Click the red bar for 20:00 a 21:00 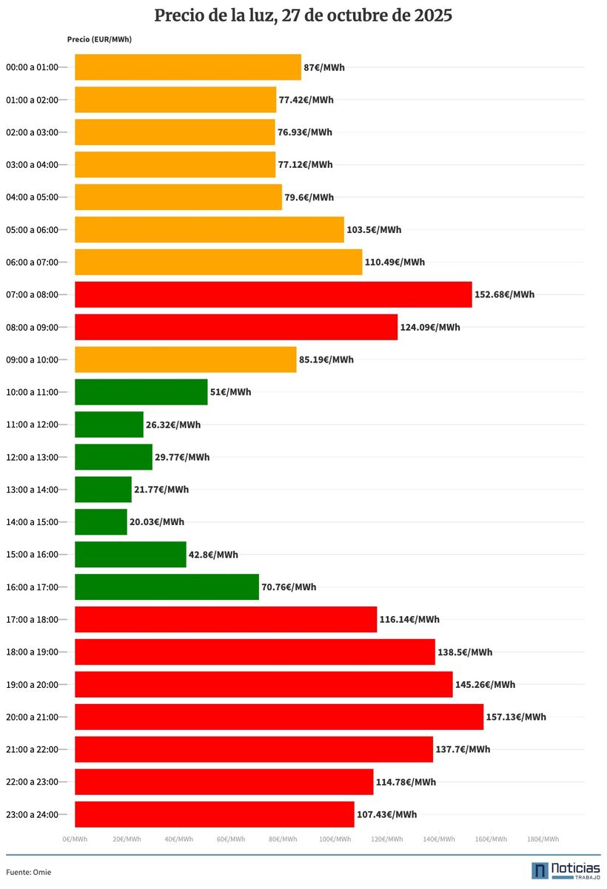coord(279,717)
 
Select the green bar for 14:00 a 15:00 coord(101,522)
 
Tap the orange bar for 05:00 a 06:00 coord(209,230)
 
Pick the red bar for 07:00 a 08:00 coord(273,294)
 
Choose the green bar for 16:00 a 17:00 coord(167,587)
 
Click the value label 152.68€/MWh coord(504,294)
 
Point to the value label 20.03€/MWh coord(157,522)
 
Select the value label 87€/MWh coord(324,67)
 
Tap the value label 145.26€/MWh coord(485,684)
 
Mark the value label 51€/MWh coord(230,392)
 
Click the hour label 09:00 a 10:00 coord(32,359)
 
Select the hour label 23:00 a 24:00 coord(32,814)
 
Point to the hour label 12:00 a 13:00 coord(32,457)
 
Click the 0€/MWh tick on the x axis coord(75,839)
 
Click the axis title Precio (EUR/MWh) coord(99,39)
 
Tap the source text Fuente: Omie coord(29,872)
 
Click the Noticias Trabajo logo coord(566,871)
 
